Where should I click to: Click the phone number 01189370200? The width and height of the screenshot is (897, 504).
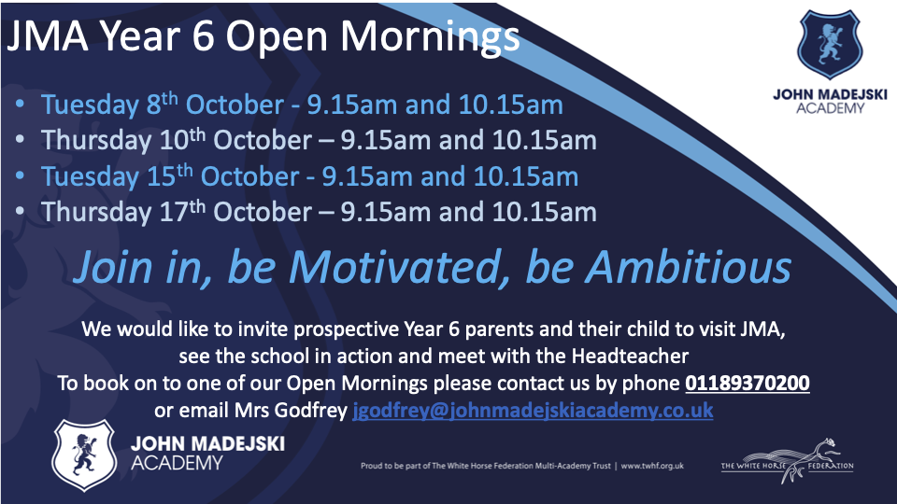click(x=747, y=383)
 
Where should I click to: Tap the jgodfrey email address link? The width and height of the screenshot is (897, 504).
click(x=533, y=411)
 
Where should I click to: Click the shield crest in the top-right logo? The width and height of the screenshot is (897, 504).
click(x=829, y=44)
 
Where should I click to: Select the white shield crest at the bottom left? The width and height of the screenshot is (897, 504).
click(x=84, y=455)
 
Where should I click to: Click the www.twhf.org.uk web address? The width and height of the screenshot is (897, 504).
click(x=652, y=466)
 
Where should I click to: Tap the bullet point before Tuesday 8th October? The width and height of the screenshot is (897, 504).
click(x=21, y=104)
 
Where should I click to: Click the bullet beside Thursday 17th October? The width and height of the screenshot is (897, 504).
click(x=21, y=212)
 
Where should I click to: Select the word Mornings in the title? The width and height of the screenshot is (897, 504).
click(x=430, y=37)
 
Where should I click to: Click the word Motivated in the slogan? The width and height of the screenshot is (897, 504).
click(x=393, y=267)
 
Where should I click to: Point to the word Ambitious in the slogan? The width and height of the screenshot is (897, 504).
click(x=690, y=267)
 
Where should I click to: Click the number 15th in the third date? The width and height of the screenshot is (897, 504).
click(x=170, y=175)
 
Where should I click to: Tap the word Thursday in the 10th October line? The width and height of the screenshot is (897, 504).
click(x=96, y=141)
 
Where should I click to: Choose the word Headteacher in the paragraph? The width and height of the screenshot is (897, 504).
click(x=630, y=357)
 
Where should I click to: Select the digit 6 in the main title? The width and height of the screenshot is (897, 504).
click(x=203, y=36)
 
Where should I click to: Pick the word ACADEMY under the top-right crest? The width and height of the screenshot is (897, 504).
click(x=830, y=108)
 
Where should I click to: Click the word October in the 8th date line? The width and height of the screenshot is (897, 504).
click(x=235, y=105)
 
